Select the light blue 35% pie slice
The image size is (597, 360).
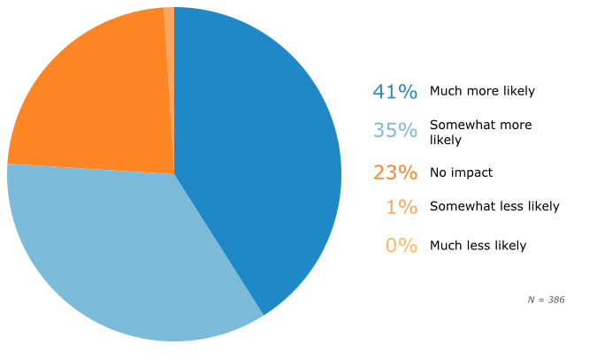coord(133,257)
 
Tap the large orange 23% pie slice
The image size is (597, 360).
coord(97,97)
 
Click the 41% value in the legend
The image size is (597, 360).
coord(394,91)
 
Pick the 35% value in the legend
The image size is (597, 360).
coord(394,131)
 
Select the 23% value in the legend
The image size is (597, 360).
coord(394,172)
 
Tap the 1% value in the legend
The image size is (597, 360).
coord(401,207)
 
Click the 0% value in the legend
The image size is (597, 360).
coord(401,246)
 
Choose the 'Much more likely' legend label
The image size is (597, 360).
coord(482,91)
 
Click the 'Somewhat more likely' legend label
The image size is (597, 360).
coord(480,132)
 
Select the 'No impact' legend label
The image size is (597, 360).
coord(461,172)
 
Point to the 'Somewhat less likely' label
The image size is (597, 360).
coord(494,207)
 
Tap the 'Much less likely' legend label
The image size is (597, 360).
coord(478,246)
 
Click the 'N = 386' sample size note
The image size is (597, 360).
coord(546,300)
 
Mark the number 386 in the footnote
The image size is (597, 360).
coord(555,300)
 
